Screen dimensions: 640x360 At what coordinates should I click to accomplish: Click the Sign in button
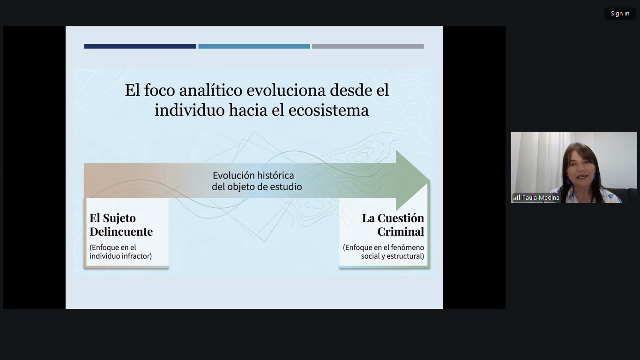point(620,14)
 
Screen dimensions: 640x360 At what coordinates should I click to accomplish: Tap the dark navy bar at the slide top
point(140,46)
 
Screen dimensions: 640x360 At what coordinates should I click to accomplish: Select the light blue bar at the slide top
point(254,46)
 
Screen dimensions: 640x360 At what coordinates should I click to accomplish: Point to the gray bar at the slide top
point(368,46)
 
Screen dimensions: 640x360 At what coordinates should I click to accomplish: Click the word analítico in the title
point(210,90)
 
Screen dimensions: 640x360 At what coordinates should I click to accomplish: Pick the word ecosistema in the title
point(328,111)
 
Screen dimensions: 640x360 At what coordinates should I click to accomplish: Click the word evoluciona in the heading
point(286,90)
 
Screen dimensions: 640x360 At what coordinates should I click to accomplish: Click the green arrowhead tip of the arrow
point(430,180)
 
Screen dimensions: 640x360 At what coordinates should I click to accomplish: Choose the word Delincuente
point(121,232)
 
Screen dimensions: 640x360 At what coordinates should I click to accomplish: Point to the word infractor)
point(136,256)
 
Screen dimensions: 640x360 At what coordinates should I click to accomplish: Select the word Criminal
point(401,232)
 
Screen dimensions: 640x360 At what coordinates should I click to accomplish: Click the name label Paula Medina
point(541,198)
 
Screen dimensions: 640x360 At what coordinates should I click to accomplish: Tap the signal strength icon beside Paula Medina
point(517,198)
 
